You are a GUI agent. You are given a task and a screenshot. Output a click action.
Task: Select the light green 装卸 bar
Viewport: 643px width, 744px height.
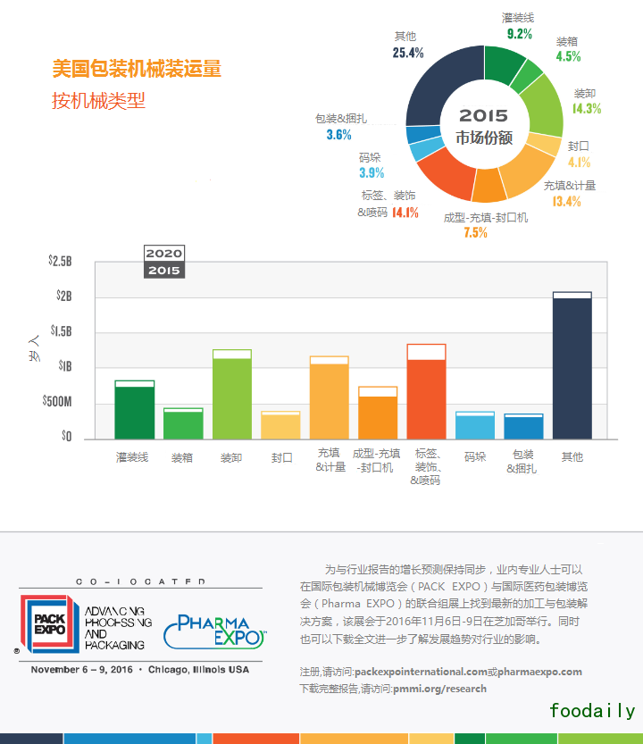(231, 397)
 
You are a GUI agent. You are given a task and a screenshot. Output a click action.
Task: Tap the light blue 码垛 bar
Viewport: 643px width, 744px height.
(474, 427)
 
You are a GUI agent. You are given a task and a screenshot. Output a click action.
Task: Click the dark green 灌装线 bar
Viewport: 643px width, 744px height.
(135, 412)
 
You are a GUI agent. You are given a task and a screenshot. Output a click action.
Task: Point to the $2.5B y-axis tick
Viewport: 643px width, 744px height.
(60, 262)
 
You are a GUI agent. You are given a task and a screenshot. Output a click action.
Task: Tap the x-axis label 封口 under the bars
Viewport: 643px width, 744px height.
(280, 457)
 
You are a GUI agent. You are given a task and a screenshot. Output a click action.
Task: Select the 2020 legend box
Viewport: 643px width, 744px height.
(164, 254)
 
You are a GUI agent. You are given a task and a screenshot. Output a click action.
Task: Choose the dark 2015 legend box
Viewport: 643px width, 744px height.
(164, 271)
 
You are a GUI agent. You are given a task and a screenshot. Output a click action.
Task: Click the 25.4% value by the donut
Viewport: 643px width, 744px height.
(407, 53)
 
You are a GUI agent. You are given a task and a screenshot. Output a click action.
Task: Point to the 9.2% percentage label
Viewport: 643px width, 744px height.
(519, 34)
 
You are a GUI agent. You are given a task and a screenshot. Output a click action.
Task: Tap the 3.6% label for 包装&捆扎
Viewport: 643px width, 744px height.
(338, 135)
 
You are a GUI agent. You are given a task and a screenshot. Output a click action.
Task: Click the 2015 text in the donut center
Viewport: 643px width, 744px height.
(483, 115)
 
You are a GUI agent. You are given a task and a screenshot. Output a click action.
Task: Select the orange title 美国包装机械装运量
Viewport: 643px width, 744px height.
(137, 69)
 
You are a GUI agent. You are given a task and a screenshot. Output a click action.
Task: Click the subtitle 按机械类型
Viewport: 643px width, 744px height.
(98, 101)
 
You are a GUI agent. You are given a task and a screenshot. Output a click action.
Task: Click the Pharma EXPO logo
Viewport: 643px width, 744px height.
(214, 629)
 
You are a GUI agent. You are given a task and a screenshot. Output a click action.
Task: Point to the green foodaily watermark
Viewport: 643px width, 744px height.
(592, 711)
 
